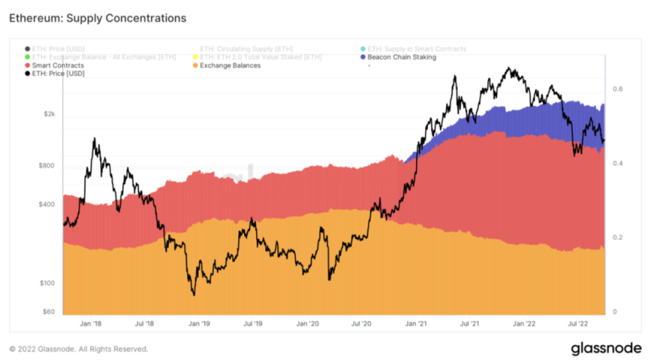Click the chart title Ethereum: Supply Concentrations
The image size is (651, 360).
coord(97,17)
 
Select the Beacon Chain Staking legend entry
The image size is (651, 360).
coord(402,57)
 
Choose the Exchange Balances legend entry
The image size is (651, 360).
coord(230,66)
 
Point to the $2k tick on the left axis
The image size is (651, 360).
coord(49,114)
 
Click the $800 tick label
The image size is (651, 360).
coord(46,165)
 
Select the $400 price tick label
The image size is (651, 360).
coord(46,204)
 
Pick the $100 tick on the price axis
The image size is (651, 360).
coord(46,283)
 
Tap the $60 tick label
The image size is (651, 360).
coord(48,311)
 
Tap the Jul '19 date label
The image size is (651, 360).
coord(252,324)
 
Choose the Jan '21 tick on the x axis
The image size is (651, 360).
coord(417,324)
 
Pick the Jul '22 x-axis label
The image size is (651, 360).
coord(579,324)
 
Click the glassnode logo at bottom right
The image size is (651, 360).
coord(605,349)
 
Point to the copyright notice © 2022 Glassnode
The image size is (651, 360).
coord(78,349)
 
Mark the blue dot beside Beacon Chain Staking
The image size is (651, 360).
coord(363,57)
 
